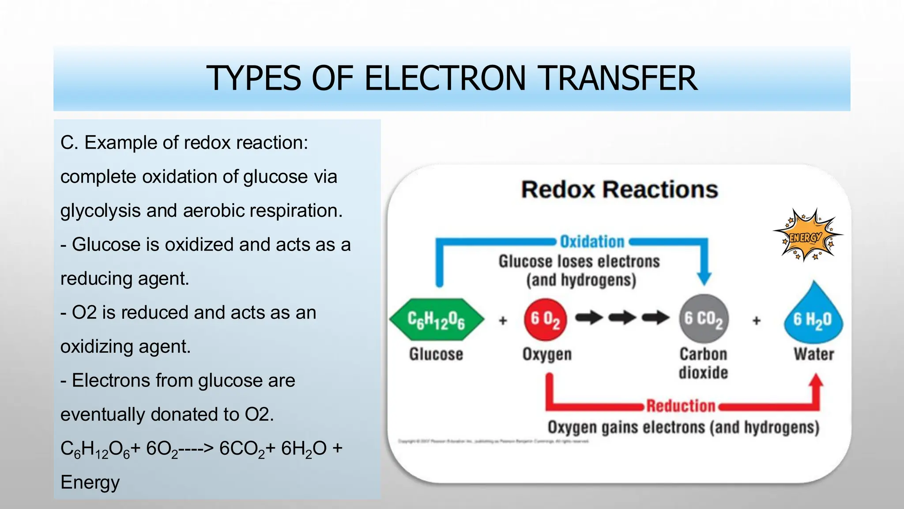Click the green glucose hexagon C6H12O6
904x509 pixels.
pyautogui.click(x=436, y=319)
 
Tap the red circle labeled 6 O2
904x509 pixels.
pyautogui.click(x=545, y=319)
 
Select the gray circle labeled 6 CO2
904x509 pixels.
pyautogui.click(x=703, y=319)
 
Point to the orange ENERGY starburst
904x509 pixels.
pyautogui.click(x=806, y=237)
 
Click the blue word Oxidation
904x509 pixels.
pyautogui.click(x=592, y=242)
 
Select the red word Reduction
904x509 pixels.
pyautogui.click(x=681, y=406)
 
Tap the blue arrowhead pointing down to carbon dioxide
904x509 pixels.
pyautogui.click(x=704, y=278)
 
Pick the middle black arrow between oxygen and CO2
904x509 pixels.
pyautogui.click(x=622, y=317)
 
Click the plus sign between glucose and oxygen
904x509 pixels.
pyautogui.click(x=503, y=320)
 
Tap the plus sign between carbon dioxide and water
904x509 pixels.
pyautogui.click(x=757, y=320)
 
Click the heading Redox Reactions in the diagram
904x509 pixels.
pyautogui.click(x=619, y=190)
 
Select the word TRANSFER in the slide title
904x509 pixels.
pyautogui.click(x=618, y=78)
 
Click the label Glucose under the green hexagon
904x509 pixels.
pyautogui.click(x=436, y=354)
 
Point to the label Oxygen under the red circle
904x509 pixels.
pyautogui.click(x=547, y=354)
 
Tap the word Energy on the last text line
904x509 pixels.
pyautogui.click(x=90, y=482)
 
